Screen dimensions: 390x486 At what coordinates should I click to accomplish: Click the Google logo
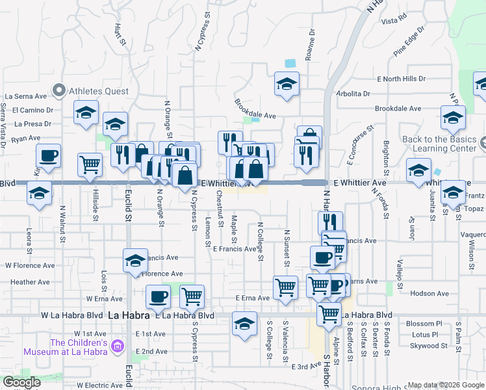[21, 382]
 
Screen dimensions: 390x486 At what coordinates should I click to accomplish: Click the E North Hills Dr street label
[402, 79]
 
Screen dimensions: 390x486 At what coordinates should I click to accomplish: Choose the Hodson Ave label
[430, 294]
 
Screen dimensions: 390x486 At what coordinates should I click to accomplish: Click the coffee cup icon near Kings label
[49, 156]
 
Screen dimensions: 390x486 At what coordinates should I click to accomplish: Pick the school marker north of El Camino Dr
[86, 113]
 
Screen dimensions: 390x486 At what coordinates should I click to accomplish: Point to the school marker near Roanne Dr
[287, 84]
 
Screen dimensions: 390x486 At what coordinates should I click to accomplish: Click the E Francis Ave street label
[235, 249]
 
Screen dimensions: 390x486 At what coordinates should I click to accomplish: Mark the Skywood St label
[425, 346]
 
